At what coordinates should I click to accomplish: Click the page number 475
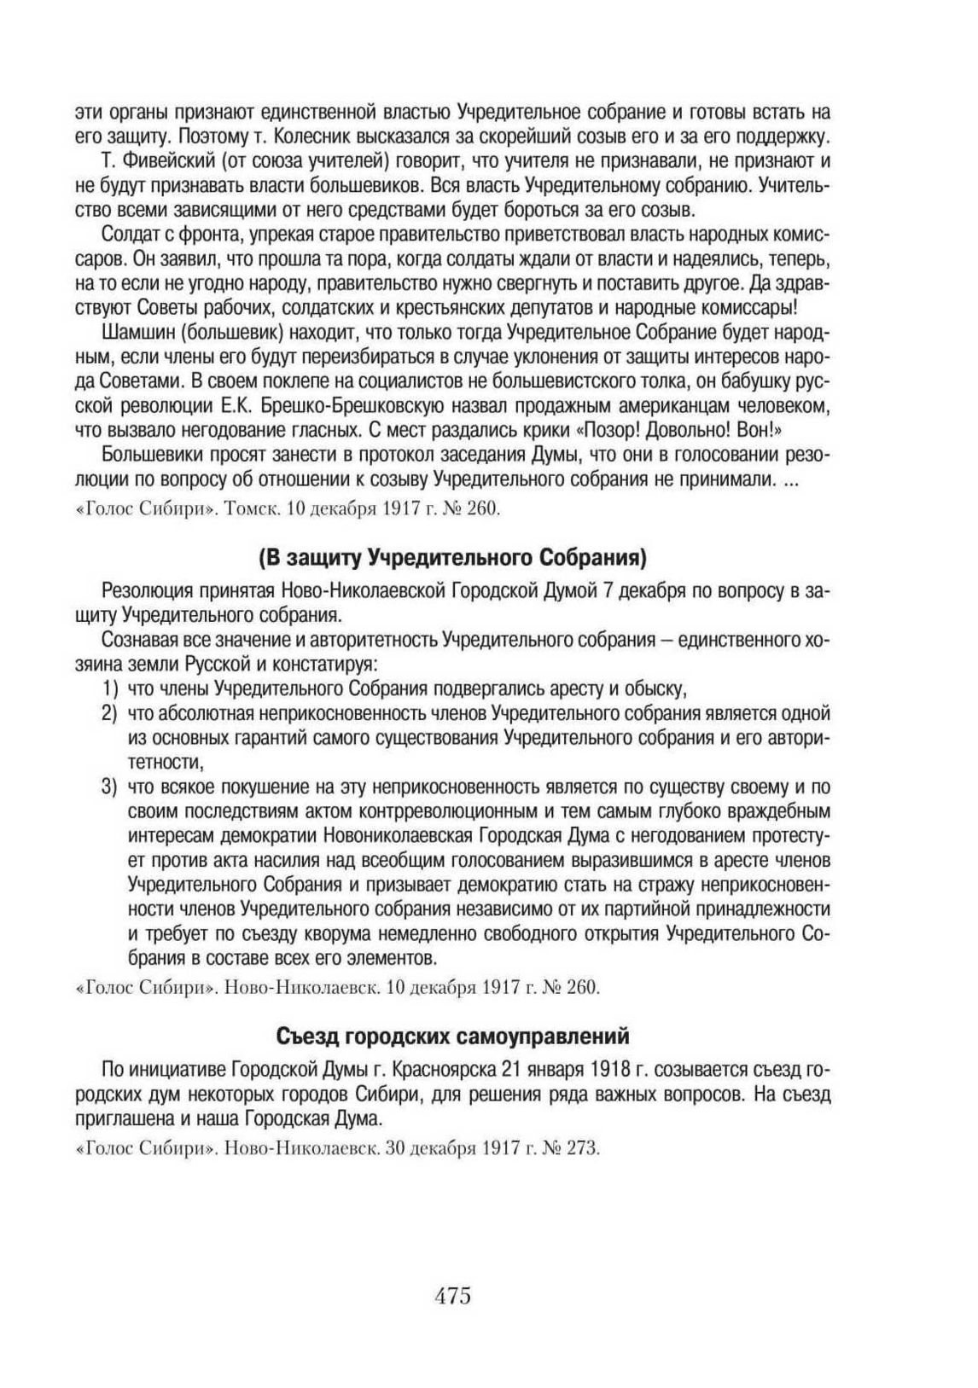453,1296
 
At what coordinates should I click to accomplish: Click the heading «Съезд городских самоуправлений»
452,1037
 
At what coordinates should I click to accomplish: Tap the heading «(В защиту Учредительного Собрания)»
452,558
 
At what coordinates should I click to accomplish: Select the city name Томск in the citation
255,510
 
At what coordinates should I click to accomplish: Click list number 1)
108,688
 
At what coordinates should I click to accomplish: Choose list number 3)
108,787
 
